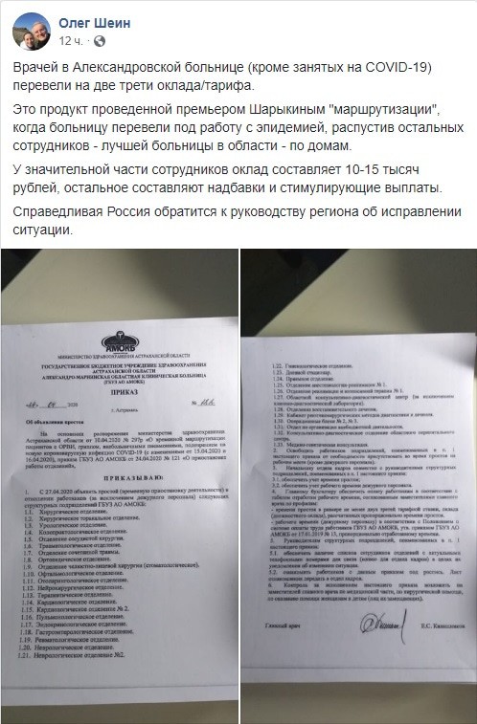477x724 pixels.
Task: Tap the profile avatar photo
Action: (x=31, y=31)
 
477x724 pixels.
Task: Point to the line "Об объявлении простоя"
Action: (x=51, y=417)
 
